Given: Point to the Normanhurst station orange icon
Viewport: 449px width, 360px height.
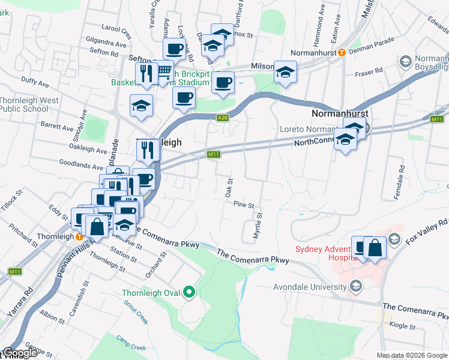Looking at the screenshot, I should coord(341,52).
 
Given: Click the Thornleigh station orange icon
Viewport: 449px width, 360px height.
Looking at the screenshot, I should coord(79,236).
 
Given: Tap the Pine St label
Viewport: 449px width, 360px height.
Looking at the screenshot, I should coord(244,205).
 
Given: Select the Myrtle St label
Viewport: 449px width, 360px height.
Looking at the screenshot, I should coord(258,226).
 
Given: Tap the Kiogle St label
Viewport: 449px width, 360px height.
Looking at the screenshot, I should coord(403,326).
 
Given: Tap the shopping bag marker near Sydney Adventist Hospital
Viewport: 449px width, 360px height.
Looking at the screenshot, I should coord(375,247).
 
